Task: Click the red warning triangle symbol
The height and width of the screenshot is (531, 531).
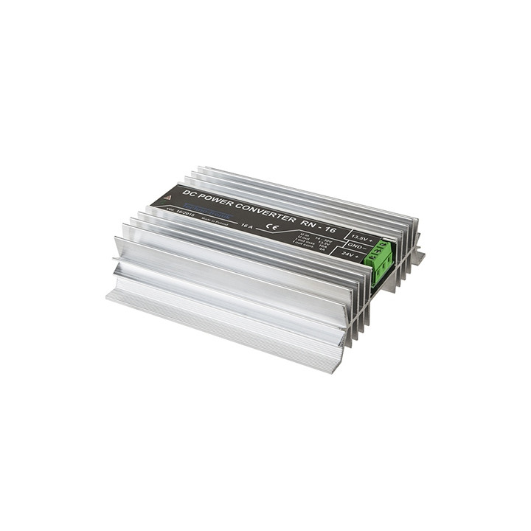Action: (167, 198)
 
